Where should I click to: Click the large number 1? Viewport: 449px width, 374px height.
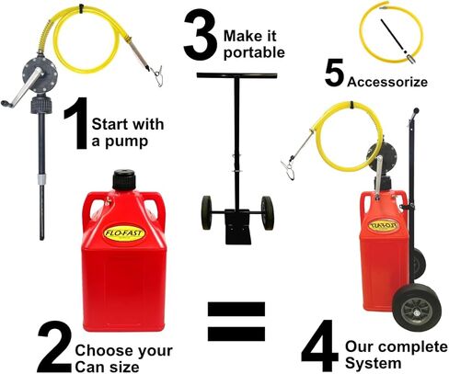pos(76,123)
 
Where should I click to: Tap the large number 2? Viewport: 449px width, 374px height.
pos(54,346)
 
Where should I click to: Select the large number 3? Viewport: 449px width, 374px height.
pos(201,35)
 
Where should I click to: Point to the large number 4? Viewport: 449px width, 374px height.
pos(320,346)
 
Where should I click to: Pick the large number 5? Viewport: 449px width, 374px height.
pos(335,73)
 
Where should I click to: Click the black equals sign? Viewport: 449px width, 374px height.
pos(236,322)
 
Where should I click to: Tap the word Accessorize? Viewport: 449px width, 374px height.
pos(387,82)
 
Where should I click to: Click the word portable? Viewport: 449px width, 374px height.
pos(254,53)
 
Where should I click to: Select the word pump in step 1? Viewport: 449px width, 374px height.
pos(126,142)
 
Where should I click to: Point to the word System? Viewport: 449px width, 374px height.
pos(374,363)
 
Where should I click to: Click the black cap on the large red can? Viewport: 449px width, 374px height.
pos(124,180)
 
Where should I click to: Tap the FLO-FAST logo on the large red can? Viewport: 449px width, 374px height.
pos(123,233)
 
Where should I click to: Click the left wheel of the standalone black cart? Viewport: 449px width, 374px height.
pos(207,212)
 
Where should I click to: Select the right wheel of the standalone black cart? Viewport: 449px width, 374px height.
pos(268,213)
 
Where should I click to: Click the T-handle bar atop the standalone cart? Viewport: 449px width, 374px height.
pos(236,75)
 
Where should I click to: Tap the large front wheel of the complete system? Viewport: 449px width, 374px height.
pos(417,308)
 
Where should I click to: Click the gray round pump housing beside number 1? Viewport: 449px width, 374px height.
pos(40,74)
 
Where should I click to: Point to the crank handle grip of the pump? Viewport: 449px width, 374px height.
pos(7,104)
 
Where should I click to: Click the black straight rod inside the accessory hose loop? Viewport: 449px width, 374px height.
pos(394,36)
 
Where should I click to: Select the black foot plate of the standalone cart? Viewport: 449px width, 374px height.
pos(237,227)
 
